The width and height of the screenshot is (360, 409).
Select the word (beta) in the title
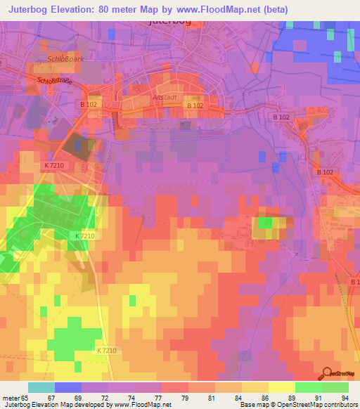tap(274, 10)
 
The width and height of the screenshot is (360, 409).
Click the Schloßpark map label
tap(65, 59)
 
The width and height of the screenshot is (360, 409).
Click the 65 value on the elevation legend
tap(25, 397)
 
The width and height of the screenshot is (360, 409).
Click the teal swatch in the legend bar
tap(41, 387)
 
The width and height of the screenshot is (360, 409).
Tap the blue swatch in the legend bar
tap(67, 387)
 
